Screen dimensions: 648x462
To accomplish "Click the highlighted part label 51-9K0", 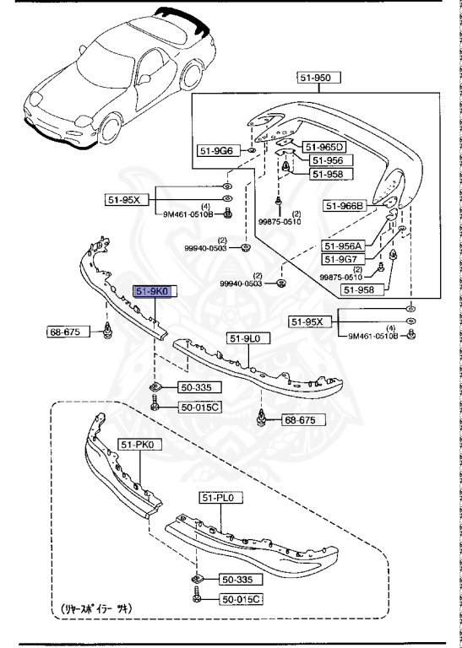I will point(151,291).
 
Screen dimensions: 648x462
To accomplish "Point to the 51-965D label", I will point(326,146).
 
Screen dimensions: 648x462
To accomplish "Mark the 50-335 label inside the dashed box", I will point(241,580).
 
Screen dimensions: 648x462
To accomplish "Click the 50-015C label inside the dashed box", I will point(242,598).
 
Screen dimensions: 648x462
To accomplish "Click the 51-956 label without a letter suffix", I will point(326,160).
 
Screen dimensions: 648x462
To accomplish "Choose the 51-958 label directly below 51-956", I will point(326,174).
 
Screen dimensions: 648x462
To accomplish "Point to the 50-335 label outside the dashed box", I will point(198,387).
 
